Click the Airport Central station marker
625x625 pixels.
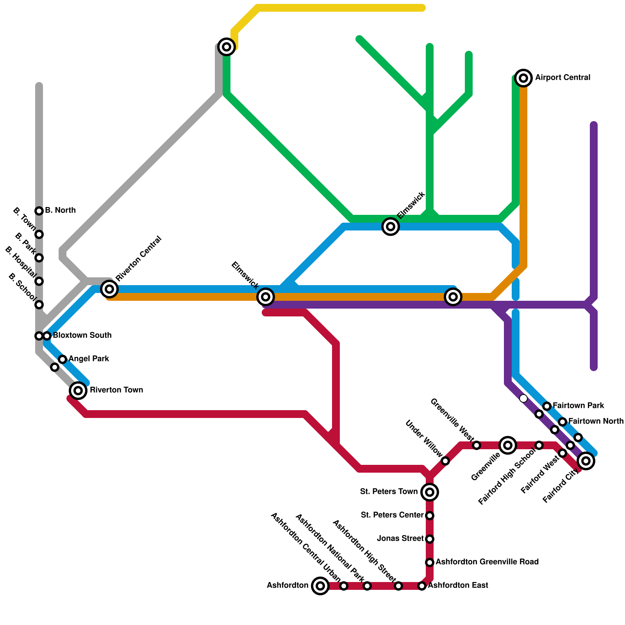coord(523,78)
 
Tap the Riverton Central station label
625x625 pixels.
coord(139,259)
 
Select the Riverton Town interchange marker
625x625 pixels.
coord(78,390)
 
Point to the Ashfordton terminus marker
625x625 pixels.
coord(320,586)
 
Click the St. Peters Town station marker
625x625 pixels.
coord(430,492)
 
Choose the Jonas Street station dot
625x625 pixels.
coord(430,539)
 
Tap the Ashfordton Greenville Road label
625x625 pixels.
coord(487,562)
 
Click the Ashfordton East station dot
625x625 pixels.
coord(422,586)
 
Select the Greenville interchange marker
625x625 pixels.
coord(508,445)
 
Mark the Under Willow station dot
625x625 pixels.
coord(445,461)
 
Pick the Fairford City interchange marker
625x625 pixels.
coord(586,461)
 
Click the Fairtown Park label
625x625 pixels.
coord(579,405)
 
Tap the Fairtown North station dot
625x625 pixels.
coord(562,422)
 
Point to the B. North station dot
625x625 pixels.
coord(39,211)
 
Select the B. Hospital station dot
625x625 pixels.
coord(39,281)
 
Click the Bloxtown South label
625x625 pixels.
coord(82,336)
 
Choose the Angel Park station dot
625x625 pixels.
coord(62,359)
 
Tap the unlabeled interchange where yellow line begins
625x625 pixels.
coord(227,47)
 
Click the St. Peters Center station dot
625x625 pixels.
coord(430,516)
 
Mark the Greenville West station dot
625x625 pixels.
coord(477,445)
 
